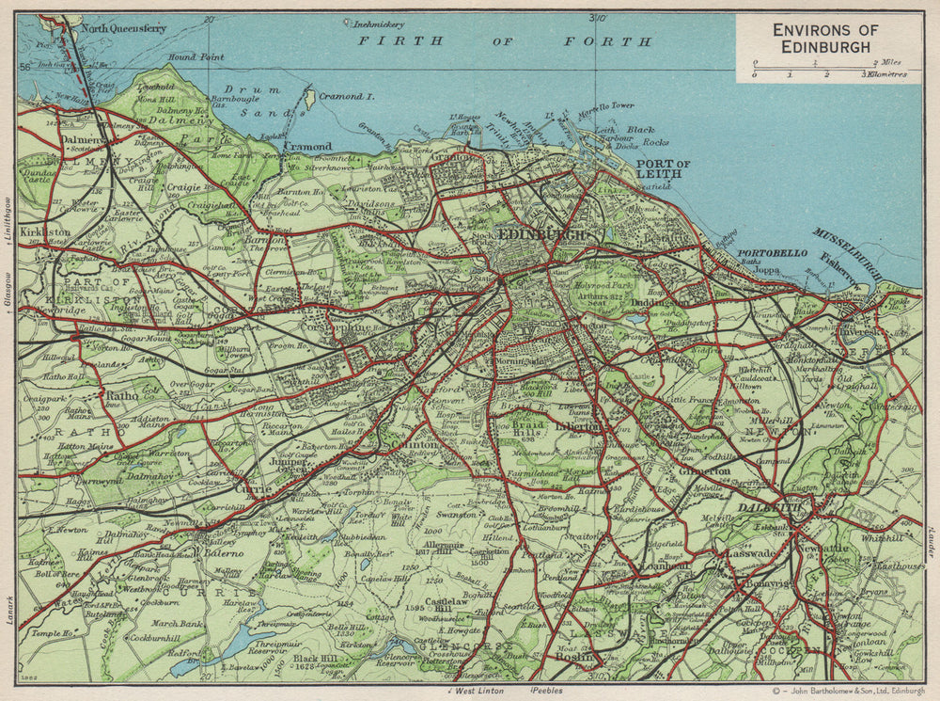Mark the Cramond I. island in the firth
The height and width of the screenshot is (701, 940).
[309, 98]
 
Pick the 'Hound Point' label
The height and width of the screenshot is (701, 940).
[196, 57]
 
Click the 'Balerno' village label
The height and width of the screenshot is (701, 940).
[223, 553]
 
